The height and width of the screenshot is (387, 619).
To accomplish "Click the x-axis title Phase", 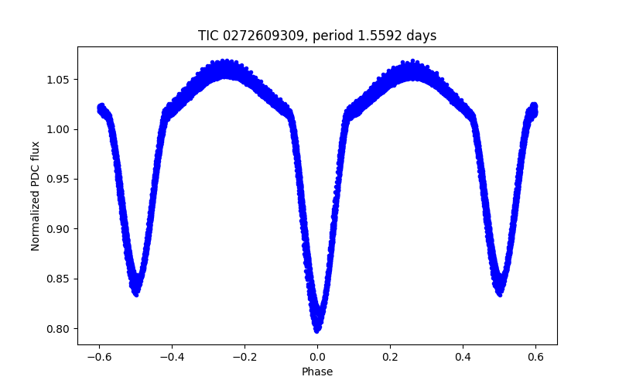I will pos(317,372).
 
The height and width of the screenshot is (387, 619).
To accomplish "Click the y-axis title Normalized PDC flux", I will pos(36,195).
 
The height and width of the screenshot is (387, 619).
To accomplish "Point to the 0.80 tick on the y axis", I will pos(61,328).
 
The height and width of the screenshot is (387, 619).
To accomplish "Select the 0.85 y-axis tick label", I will pos(61,279).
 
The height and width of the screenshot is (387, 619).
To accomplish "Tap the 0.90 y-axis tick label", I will pos(61,228).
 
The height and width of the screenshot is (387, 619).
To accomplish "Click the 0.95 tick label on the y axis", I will pos(61,179).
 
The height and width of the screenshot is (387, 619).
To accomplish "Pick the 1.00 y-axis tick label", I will pos(61,129).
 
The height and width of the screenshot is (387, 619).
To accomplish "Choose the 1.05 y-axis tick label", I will pos(61,79).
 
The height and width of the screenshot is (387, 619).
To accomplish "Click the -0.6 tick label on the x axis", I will pos(99,357).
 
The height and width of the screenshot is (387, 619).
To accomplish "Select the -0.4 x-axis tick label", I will pos(172,357).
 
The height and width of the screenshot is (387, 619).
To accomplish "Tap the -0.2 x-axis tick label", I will pos(245,357).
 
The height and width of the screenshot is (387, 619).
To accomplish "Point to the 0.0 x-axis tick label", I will pos(317,357).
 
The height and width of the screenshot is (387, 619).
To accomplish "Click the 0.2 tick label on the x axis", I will pos(390,357).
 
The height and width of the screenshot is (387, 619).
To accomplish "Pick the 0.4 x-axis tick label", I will pos(463,357).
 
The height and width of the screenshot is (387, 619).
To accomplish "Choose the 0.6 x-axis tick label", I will pos(535,357).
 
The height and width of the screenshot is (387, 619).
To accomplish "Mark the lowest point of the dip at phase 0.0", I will pos(317,330).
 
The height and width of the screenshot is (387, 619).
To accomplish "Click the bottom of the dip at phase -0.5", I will pos(135,293).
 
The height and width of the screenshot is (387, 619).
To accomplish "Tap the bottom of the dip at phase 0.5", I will pos(500,293).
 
